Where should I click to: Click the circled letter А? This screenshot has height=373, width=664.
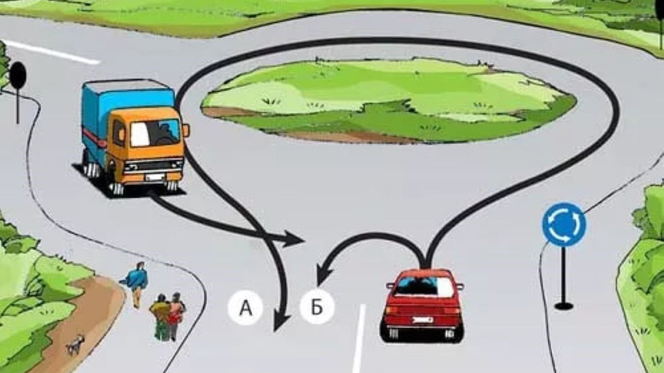tap(245, 307)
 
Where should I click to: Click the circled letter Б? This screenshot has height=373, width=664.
tap(317, 307)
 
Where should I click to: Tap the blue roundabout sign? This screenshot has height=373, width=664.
tap(564, 224)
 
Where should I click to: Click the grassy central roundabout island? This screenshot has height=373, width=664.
tap(389, 100)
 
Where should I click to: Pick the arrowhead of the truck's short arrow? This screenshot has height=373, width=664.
tap(294, 238)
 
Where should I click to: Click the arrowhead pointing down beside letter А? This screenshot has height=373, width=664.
tap(280, 322)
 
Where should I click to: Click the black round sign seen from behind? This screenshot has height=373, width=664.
tap(18, 76)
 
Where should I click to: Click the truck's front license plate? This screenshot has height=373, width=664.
tap(154, 177)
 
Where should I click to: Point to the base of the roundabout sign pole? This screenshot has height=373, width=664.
tap(564, 305)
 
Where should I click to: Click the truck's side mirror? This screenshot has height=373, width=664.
tap(186, 130)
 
